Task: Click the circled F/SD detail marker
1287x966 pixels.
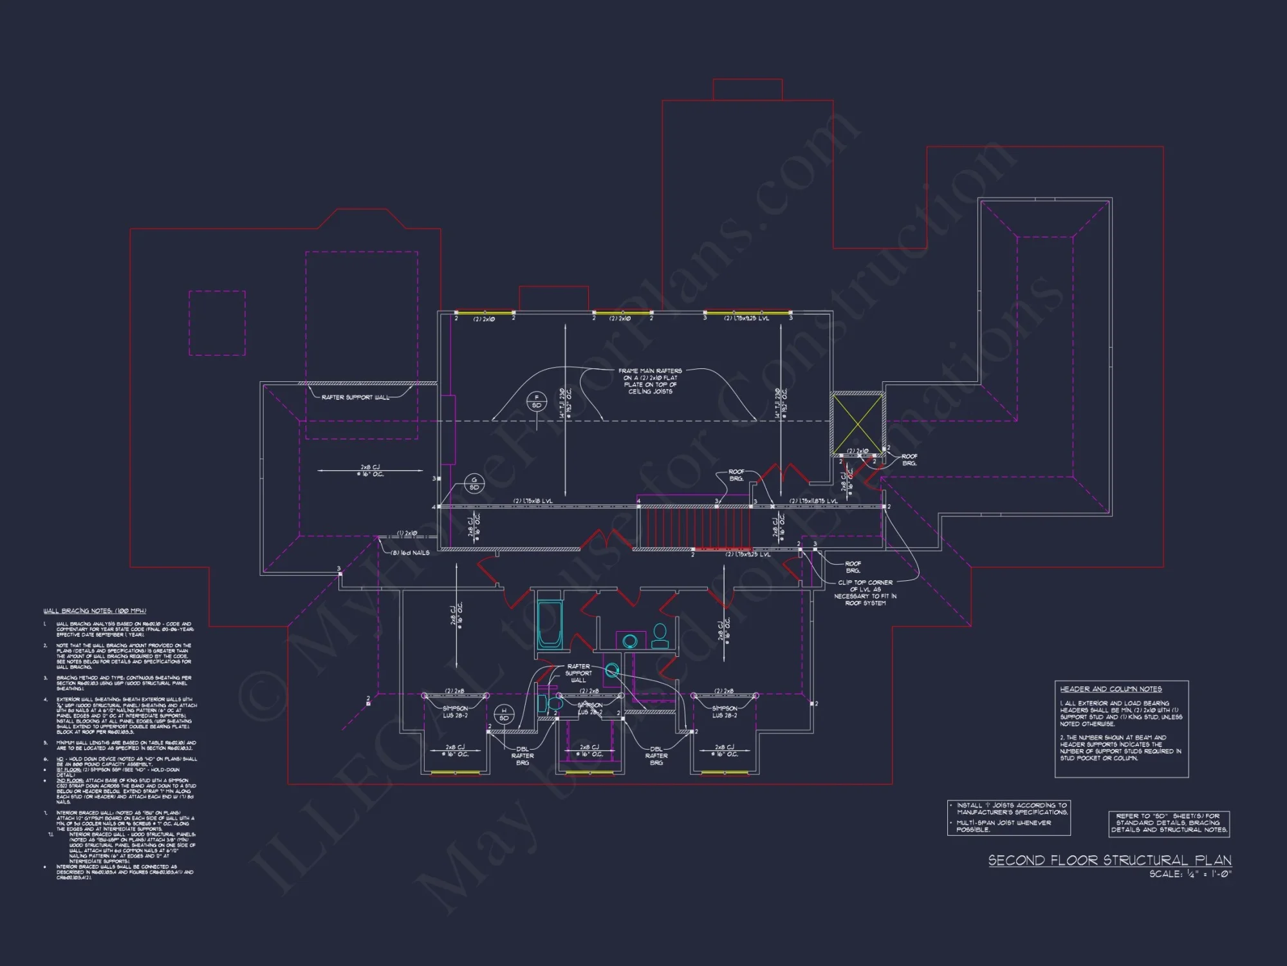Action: [536, 402]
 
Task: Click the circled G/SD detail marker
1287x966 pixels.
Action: [474, 484]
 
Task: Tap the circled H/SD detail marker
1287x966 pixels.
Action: [504, 714]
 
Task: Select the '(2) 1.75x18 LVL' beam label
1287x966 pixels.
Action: [532, 501]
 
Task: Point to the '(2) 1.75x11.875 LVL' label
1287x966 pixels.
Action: [813, 501]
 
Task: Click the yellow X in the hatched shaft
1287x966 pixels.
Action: [856, 424]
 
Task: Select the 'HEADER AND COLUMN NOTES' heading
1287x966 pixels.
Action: [1111, 689]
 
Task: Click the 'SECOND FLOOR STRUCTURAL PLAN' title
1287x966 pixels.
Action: [1109, 860]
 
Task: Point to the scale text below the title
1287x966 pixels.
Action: [1190, 875]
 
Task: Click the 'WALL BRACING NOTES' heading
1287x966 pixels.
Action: [95, 611]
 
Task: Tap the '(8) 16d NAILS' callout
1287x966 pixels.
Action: [410, 553]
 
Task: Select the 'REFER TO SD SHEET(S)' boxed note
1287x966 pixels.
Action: [1169, 823]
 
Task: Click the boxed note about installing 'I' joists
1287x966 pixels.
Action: [1008, 817]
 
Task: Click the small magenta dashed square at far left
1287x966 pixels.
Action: [217, 323]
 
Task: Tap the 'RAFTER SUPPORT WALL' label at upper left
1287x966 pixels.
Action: [355, 397]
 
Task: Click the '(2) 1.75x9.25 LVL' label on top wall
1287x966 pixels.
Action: [746, 319]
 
